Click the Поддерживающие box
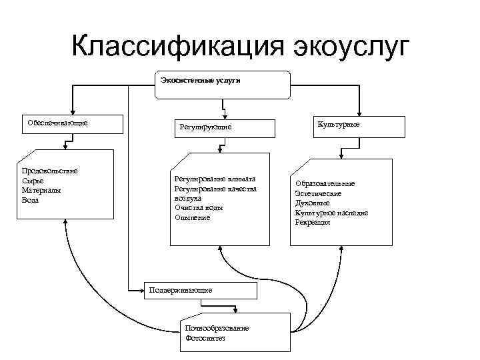click(200, 291)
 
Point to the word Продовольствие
click(50, 171)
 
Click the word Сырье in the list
click(33, 181)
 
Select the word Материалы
click(41, 190)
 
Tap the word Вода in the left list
click(31, 199)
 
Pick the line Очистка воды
click(199, 208)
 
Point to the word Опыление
click(193, 217)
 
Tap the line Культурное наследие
click(331, 213)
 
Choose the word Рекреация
click(313, 222)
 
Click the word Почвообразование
click(218, 329)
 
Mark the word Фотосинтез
click(206, 338)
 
